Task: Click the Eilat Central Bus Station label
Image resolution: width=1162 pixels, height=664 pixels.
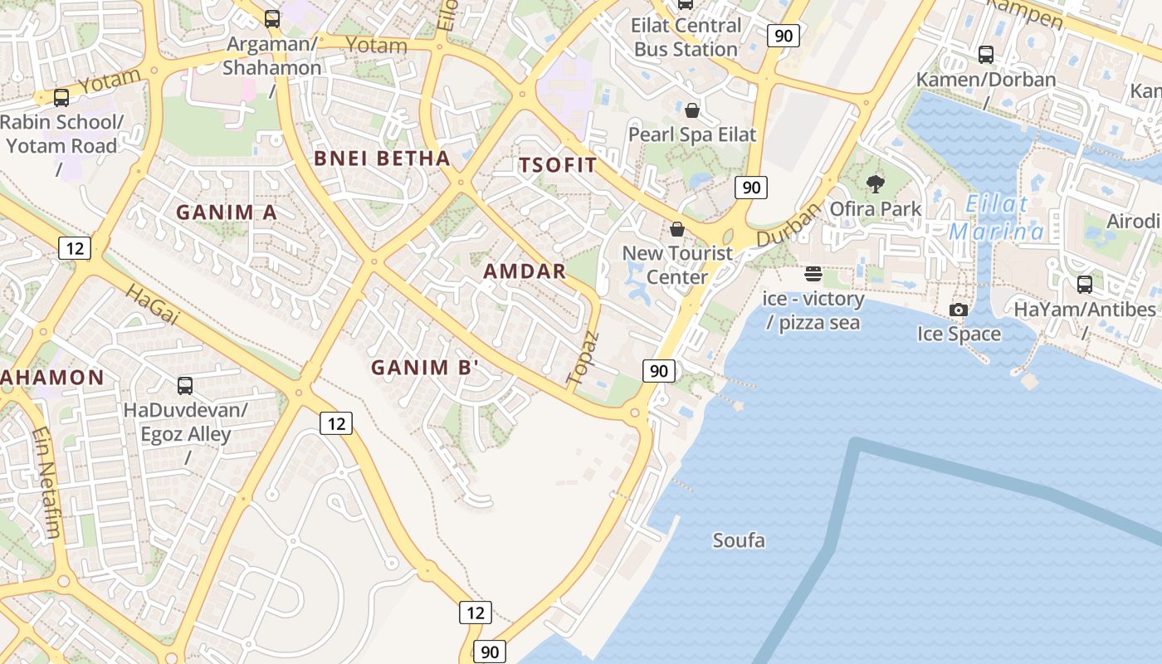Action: coord(686,37)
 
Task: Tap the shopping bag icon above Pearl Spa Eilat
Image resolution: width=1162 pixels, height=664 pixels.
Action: coord(692,110)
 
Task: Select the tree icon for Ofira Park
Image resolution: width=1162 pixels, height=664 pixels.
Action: coord(876,184)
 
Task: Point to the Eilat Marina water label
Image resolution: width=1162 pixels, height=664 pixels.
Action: coord(997,217)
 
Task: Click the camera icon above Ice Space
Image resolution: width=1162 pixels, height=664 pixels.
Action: coord(959,310)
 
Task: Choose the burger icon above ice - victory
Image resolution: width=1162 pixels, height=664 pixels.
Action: coord(813,274)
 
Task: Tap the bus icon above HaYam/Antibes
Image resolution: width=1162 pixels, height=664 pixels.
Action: coord(1084,285)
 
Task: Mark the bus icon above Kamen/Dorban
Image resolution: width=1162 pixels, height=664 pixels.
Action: coord(986,55)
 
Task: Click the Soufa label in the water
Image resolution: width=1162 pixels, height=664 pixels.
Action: coord(739,541)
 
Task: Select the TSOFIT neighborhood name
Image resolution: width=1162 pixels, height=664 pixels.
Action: coord(558,164)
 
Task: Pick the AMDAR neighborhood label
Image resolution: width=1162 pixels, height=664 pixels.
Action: coord(525,271)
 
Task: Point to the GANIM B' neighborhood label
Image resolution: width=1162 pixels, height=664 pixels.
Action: coord(425,367)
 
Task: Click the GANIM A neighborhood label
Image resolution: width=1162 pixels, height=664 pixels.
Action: coord(226,212)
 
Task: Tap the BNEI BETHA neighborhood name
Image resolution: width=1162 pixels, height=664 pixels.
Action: coord(382,159)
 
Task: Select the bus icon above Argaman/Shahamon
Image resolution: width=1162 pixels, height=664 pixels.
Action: coord(271,18)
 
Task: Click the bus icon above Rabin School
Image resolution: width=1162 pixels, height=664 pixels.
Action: coord(61,98)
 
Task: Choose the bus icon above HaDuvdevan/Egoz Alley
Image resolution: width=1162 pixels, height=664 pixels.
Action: coord(185,386)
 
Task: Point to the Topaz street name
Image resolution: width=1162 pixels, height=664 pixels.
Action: coord(583,358)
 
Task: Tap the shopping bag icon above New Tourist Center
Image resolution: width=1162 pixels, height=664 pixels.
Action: coord(677,229)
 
